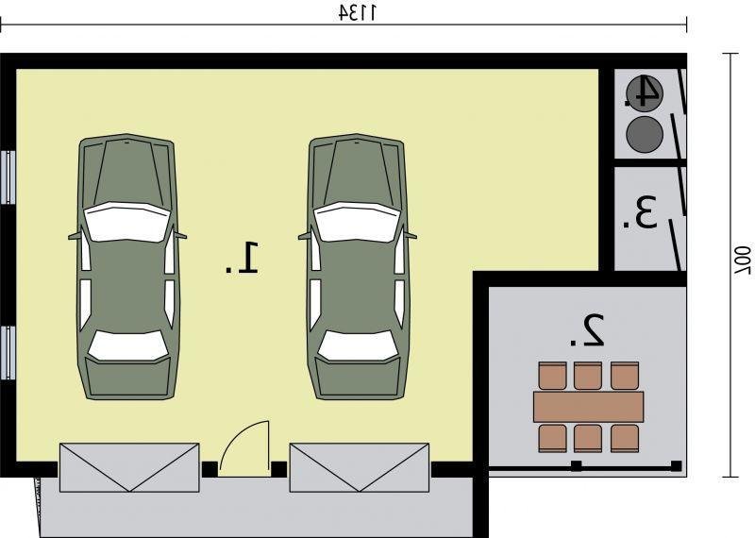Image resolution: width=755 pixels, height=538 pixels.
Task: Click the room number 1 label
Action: [243, 259]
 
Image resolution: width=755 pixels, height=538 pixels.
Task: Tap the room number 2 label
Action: [587, 330]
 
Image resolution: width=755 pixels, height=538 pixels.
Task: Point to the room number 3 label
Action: [640, 213]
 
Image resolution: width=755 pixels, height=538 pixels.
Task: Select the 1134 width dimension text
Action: [358, 13]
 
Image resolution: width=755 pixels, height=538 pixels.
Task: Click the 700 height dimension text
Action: [742, 261]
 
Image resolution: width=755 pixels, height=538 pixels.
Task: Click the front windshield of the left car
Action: [128, 222]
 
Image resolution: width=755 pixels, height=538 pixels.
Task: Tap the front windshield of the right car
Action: [358, 222]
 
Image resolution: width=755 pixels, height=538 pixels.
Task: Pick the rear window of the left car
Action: [128, 345]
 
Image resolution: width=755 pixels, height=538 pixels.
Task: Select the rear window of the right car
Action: [358, 345]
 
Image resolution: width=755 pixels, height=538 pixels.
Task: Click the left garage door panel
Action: [129, 467]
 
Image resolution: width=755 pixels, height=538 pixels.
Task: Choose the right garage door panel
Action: [360, 467]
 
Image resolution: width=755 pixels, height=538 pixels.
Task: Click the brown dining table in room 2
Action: [588, 407]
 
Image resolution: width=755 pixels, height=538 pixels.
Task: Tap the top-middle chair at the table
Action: [588, 376]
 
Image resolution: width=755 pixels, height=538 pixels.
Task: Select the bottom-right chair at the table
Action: [625, 438]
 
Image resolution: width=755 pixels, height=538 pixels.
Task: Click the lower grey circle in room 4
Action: [645, 134]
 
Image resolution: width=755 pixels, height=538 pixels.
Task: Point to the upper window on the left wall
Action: [8, 177]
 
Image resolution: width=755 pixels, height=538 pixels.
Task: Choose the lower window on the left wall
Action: [8, 353]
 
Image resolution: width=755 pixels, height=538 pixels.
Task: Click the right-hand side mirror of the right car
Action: [411, 236]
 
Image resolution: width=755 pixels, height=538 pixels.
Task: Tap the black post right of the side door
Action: [278, 469]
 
